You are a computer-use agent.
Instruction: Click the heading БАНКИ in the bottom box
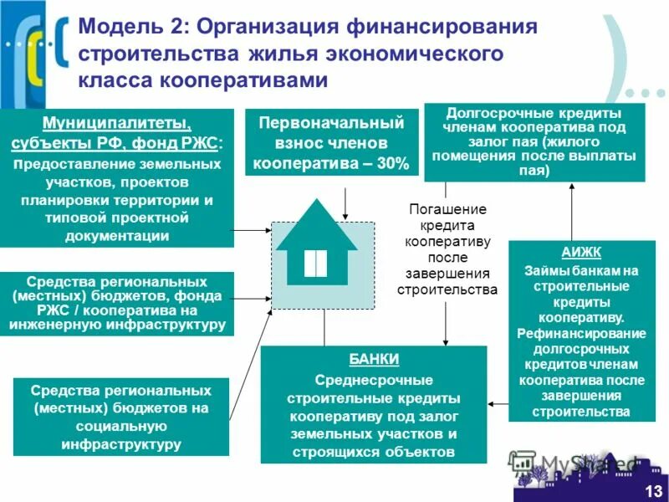coord(375,359)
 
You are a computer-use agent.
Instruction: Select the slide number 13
coord(652,490)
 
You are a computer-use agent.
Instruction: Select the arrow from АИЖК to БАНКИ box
coord(498,402)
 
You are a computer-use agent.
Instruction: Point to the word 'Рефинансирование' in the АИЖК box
coord(580,334)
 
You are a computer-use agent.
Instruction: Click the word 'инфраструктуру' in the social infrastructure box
coord(121,444)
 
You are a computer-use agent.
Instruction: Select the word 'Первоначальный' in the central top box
coord(331,124)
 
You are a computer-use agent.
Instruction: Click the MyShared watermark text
coord(585,463)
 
